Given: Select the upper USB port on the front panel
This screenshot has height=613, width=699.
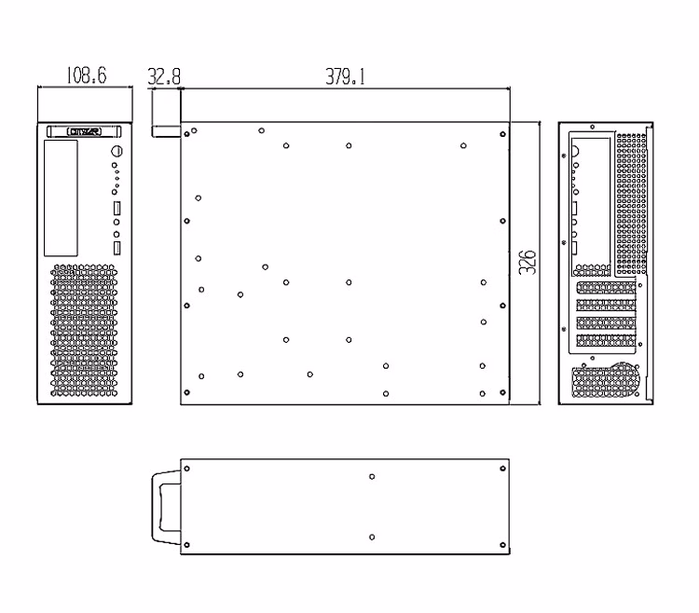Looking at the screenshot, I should point(117,205).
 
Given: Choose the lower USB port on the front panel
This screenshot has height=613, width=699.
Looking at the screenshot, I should point(117,248).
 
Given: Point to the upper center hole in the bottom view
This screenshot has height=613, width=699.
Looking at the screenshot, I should point(372,476).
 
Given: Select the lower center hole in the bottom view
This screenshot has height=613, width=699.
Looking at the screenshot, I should point(372,537).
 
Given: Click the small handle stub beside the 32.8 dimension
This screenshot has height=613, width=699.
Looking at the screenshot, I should point(165,128).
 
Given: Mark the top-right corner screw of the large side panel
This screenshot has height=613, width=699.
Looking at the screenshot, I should point(503,134).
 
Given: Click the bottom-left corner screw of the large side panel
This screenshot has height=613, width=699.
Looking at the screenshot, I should point(186,394).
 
